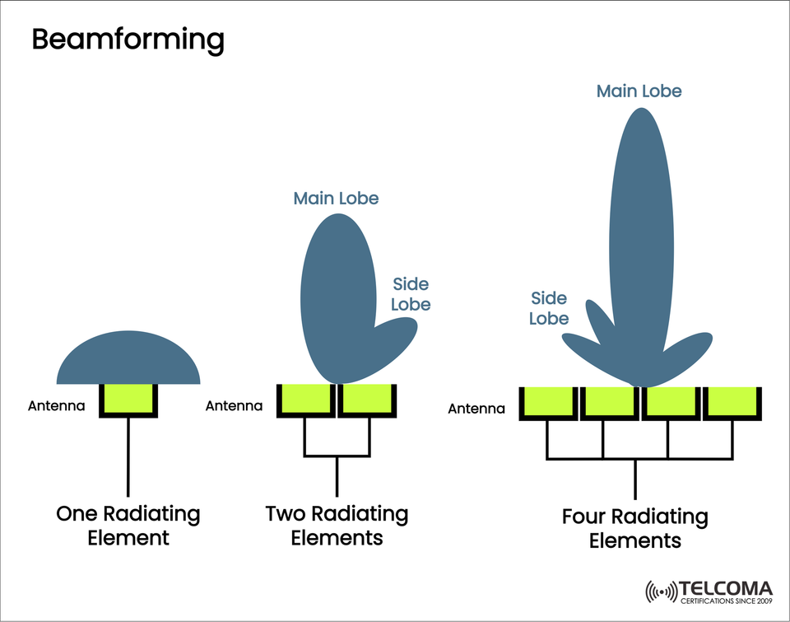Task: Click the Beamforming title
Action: click(128, 39)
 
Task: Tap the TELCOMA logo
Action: click(709, 592)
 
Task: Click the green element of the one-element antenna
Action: click(128, 399)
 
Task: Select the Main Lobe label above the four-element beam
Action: click(639, 91)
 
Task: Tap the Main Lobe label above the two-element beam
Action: click(336, 198)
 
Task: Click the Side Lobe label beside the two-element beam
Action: click(410, 294)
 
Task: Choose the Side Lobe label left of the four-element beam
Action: click(549, 307)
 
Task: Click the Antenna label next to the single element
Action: click(57, 405)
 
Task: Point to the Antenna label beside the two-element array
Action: click(234, 405)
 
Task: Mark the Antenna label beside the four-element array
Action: click(476, 408)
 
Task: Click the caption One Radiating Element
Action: click(128, 526)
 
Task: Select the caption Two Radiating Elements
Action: click(337, 526)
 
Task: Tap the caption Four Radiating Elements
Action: click(634, 529)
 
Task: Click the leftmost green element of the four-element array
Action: click(548, 402)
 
